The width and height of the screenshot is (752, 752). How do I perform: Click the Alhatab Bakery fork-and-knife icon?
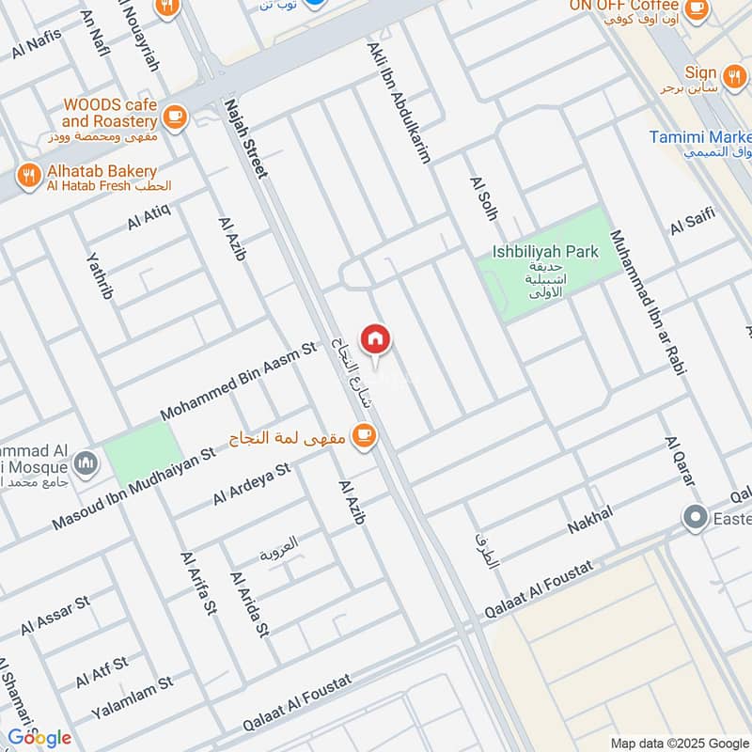pyautogui.click(x=29, y=174)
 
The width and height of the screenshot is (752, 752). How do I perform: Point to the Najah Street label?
pyautogui.click(x=246, y=138)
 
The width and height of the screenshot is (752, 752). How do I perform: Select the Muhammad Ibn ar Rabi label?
pyautogui.click(x=648, y=302)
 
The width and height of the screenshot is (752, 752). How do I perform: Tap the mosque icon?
pyautogui.click(x=86, y=462)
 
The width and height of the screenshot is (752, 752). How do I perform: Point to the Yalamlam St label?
pyautogui.click(x=133, y=697)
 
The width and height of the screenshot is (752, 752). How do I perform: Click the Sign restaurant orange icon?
pyautogui.click(x=733, y=72)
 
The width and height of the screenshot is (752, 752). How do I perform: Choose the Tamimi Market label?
pyautogui.click(x=700, y=137)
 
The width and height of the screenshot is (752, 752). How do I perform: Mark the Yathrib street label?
pyautogui.click(x=99, y=280)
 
